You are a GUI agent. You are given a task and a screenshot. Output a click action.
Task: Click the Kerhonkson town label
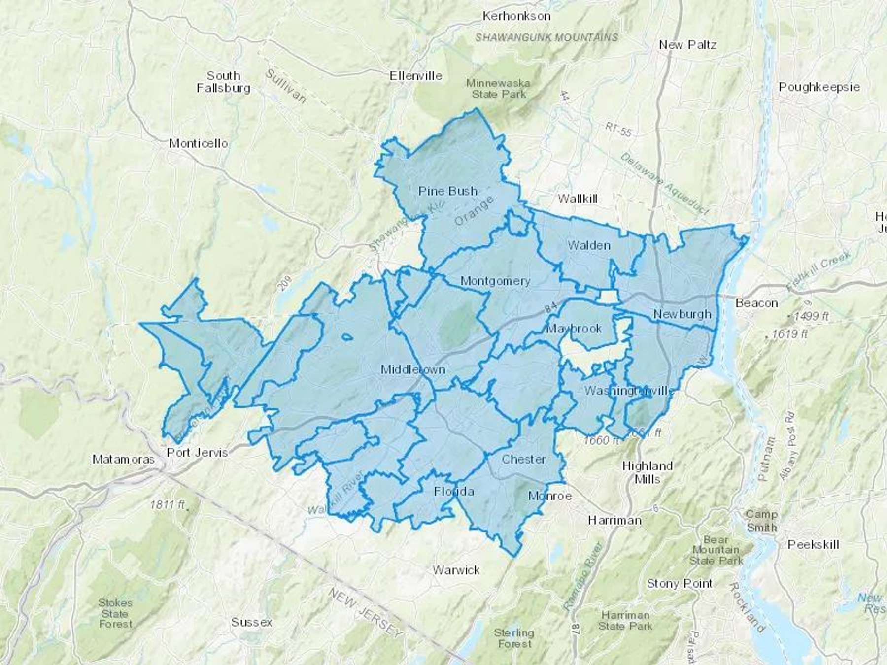516,16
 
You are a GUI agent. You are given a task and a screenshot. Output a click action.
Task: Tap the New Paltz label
687,45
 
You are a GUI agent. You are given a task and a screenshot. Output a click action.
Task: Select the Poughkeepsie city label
819,87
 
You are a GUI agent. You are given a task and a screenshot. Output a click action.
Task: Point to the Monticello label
198,143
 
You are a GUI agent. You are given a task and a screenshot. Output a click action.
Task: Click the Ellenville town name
415,76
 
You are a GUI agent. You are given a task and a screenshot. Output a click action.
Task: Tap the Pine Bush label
447,191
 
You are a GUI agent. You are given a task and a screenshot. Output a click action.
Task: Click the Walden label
589,245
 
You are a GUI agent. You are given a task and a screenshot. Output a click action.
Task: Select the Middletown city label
413,369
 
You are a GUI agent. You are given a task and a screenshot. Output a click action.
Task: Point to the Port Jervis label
197,452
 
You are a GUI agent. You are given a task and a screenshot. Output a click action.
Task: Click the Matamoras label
123,459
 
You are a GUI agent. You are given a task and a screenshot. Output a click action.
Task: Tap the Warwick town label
456,570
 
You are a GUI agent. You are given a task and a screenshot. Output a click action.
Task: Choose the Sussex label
251,622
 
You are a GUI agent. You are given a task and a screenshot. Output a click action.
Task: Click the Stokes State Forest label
115,613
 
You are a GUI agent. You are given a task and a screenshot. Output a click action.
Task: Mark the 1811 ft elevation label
168,504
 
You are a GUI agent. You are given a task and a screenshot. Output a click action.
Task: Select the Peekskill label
813,544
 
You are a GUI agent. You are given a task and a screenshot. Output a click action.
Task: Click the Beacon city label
756,303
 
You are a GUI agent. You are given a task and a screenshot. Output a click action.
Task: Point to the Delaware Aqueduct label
664,184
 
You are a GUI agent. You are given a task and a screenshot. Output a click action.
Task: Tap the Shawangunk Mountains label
546,37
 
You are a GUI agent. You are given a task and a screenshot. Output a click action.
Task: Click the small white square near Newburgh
609,297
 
